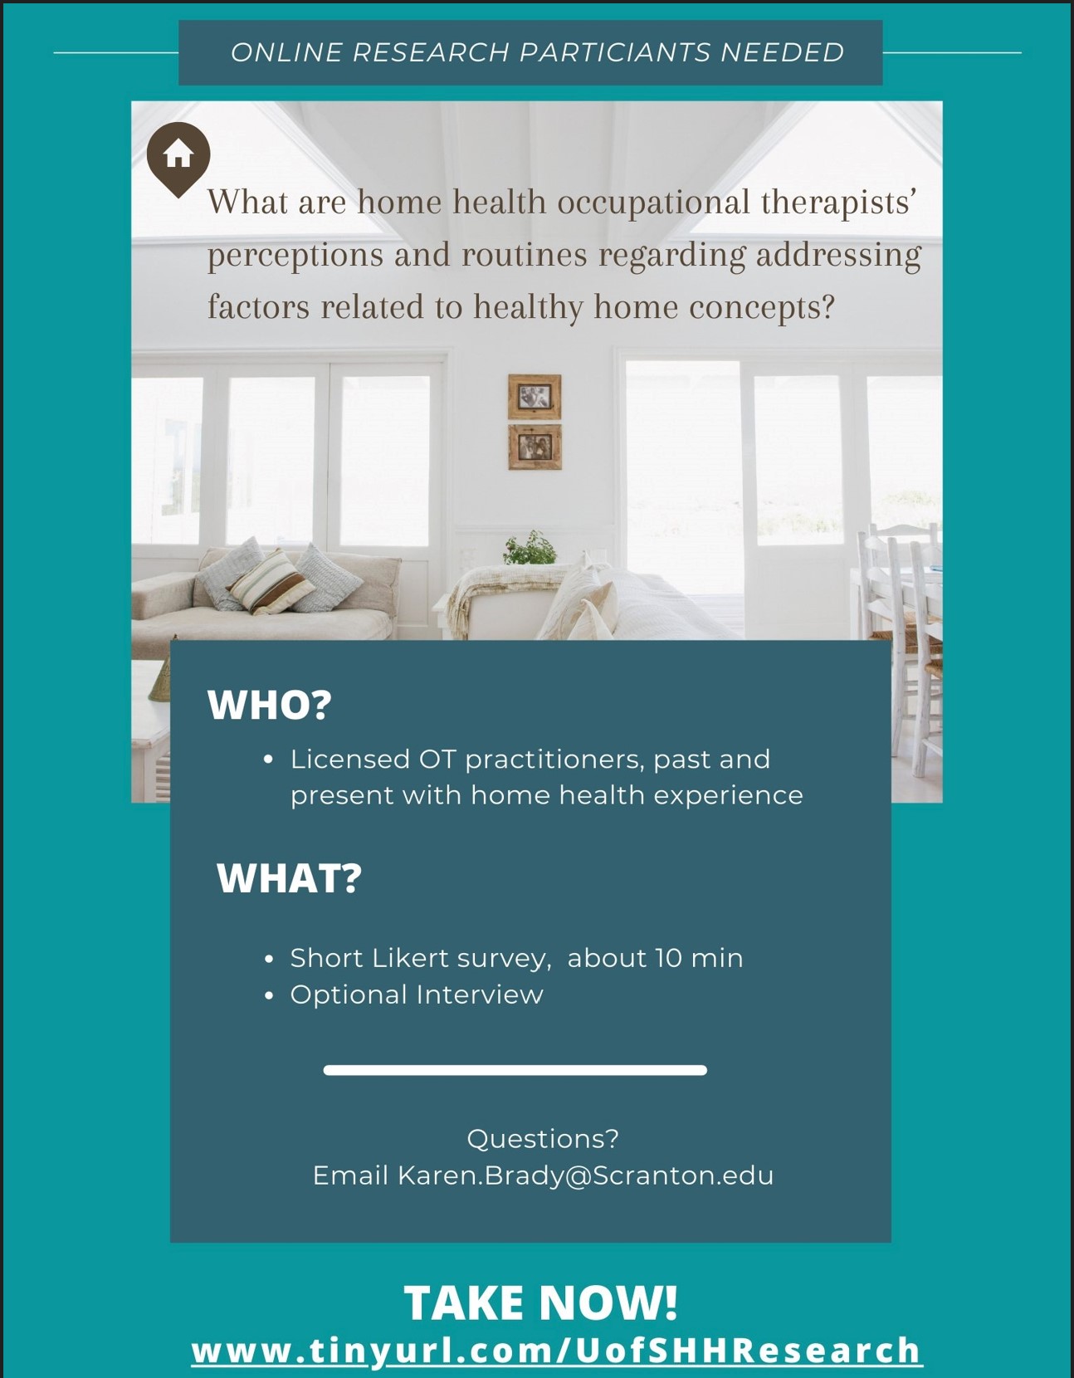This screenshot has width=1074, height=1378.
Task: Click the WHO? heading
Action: [270, 704]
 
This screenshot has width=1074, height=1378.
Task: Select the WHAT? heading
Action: [289, 878]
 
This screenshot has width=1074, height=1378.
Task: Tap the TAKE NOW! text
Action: [541, 1302]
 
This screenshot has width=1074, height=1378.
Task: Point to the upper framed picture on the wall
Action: [535, 397]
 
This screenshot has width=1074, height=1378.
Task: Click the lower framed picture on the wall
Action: [535, 447]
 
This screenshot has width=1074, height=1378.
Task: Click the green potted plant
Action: [530, 549]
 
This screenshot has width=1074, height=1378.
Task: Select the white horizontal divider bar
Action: [515, 1070]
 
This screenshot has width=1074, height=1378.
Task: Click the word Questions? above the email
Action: [543, 1139]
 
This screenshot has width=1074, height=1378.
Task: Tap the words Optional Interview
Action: [417, 994]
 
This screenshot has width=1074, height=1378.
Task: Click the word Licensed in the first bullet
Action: [350, 759]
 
